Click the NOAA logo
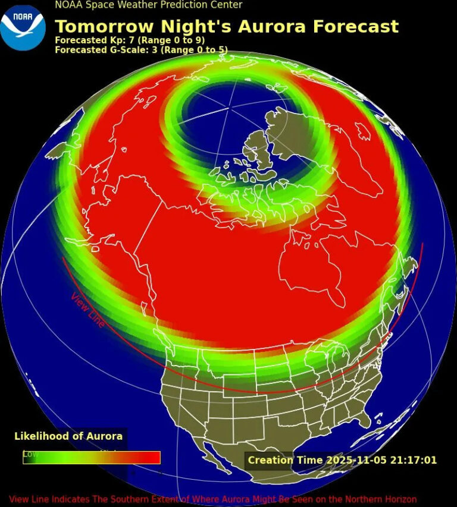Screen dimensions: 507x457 click(23, 27)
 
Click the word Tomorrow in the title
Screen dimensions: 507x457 click(99, 27)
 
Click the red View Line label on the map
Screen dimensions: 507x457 click(88, 310)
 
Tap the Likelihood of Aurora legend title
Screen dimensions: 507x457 click(68, 436)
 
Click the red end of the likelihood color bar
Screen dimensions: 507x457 click(152, 458)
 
